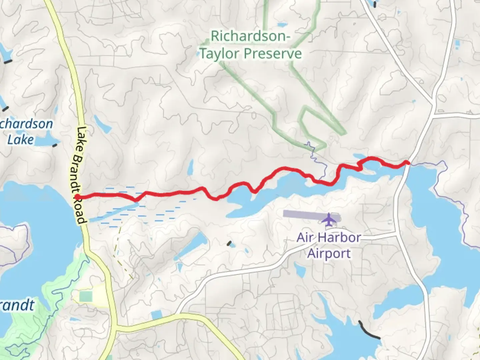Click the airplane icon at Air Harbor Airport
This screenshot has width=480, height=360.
tap(329, 219)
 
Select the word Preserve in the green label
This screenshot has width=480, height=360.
tap(273, 54)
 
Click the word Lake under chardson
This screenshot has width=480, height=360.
tap(20, 139)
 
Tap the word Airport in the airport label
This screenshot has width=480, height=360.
tap(329, 253)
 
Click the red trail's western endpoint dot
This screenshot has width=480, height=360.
tap(77, 197)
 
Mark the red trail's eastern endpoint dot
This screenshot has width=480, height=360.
tap(407, 162)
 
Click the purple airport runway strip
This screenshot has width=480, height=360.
tap(303, 214)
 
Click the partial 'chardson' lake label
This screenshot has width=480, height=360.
tap(26, 124)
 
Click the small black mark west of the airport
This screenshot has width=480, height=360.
tap(229, 243)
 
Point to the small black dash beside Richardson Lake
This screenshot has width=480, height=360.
tap(55, 145)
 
